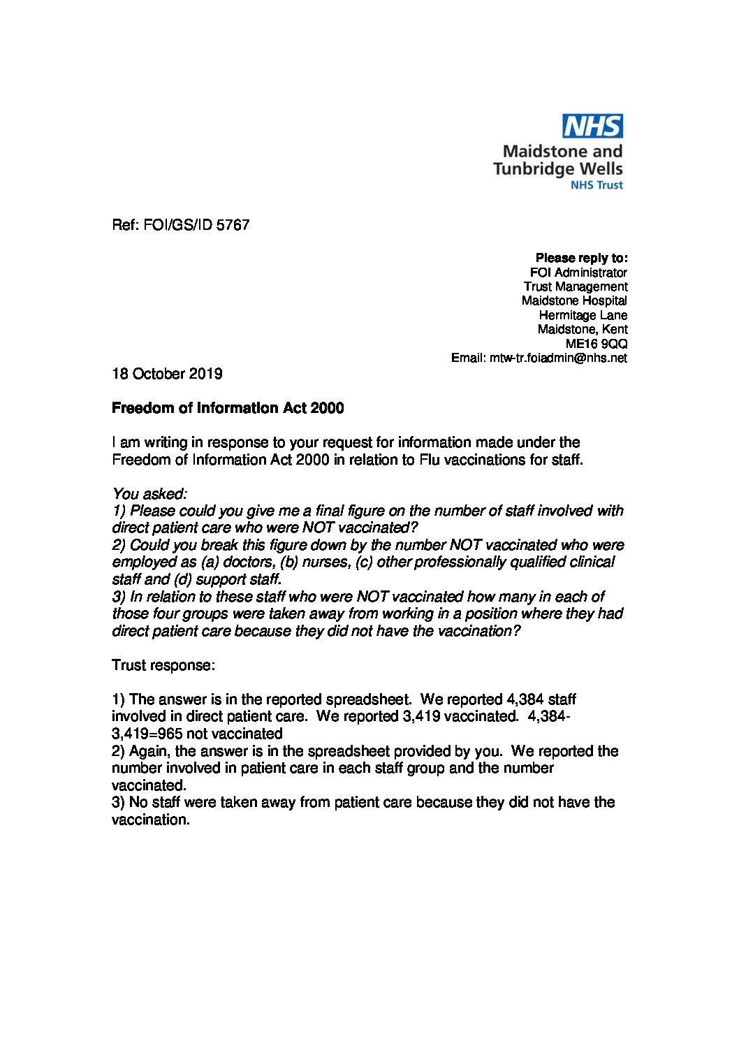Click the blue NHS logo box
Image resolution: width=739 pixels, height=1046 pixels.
593,126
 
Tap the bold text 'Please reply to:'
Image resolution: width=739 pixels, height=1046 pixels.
581,258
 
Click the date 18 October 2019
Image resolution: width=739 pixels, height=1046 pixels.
167,374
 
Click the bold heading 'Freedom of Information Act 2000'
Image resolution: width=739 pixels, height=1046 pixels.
228,408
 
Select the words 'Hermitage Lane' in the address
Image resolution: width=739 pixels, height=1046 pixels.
583,315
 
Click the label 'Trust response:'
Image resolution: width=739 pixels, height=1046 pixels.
163,664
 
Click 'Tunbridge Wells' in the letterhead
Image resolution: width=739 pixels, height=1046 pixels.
557,168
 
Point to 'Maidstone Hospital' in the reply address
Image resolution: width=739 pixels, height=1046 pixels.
574,300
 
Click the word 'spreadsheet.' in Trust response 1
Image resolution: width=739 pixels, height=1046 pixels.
372,699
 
